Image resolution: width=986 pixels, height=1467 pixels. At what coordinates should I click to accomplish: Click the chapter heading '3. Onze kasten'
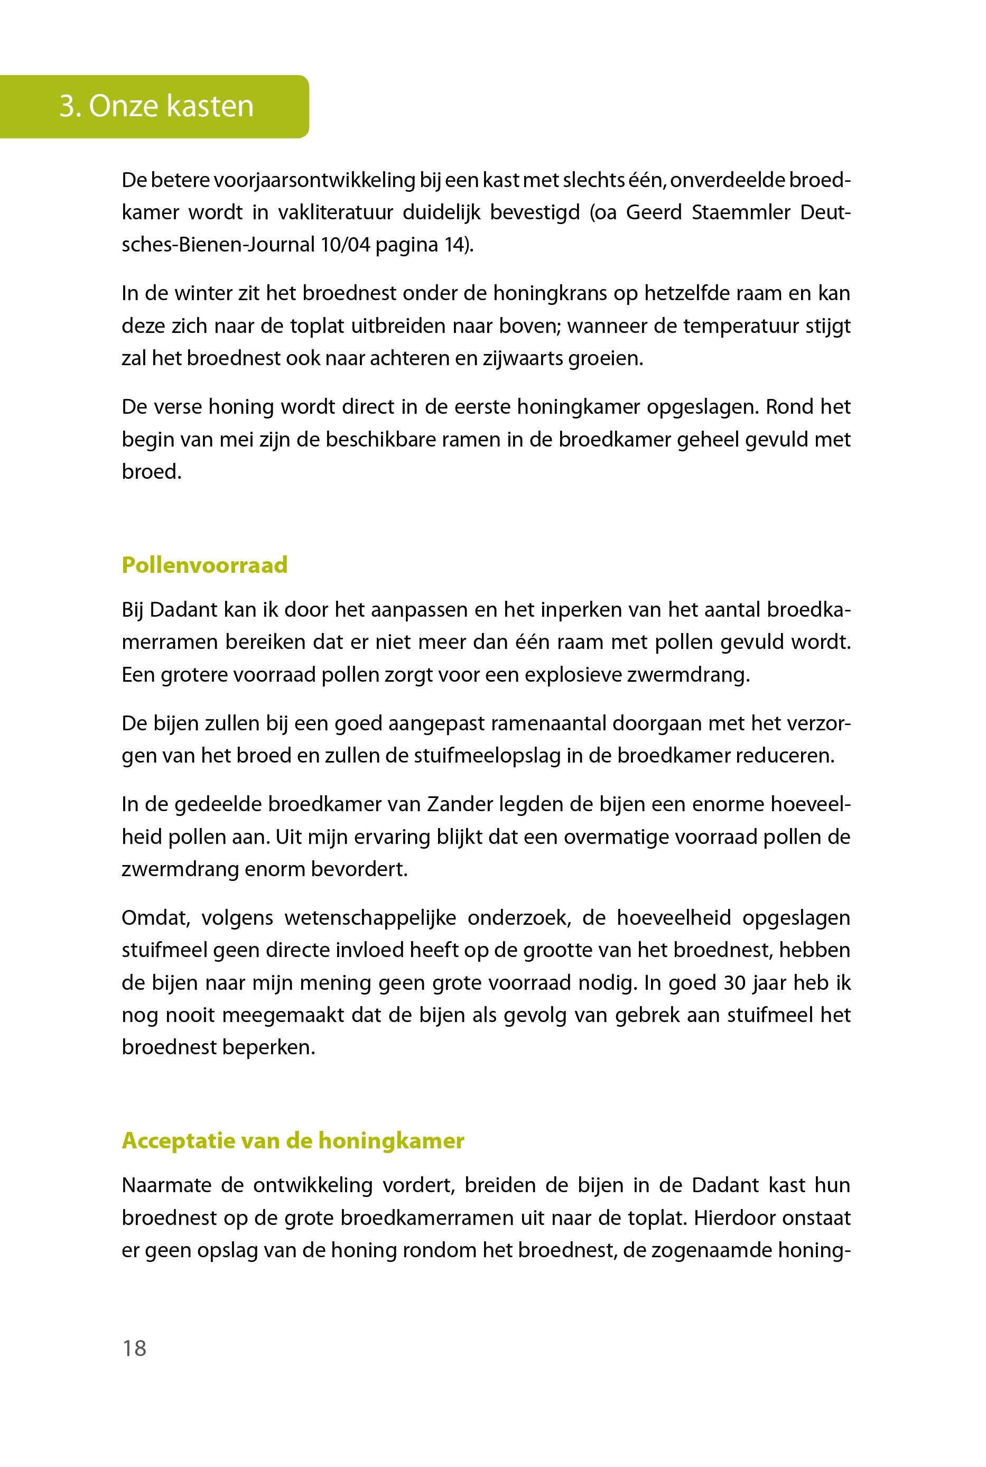click(156, 106)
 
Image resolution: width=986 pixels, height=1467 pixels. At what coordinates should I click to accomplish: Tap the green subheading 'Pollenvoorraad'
click(204, 565)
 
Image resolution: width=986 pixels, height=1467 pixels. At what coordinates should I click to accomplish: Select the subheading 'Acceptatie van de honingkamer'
click(293, 1140)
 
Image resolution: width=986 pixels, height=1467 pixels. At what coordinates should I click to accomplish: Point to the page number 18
click(134, 1348)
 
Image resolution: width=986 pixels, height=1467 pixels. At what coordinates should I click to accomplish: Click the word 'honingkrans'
click(553, 294)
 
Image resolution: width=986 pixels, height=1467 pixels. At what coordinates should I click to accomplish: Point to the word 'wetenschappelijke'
click(370, 917)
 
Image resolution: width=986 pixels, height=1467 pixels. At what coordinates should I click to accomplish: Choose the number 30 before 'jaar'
click(734, 983)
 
